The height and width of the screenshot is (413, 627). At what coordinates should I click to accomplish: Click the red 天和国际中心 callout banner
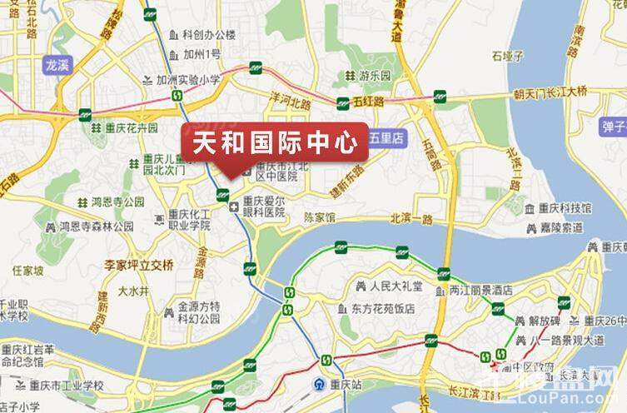[x=275, y=142]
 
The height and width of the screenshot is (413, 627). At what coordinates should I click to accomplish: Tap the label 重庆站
[x=344, y=385]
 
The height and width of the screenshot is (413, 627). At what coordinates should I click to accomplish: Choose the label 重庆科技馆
[x=564, y=208]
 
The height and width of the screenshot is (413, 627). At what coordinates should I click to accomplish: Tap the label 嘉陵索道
[x=560, y=226]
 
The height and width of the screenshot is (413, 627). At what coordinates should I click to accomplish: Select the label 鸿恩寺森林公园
[x=96, y=226]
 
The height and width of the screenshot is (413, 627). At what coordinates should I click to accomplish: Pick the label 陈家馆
[x=319, y=218]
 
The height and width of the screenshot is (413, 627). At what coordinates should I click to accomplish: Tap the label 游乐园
[x=375, y=76]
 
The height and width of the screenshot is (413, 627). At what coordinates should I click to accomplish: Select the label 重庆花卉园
[x=132, y=128]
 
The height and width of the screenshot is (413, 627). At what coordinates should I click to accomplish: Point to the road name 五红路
[x=368, y=102]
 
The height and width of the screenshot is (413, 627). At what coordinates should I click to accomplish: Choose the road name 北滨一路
[x=411, y=219]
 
